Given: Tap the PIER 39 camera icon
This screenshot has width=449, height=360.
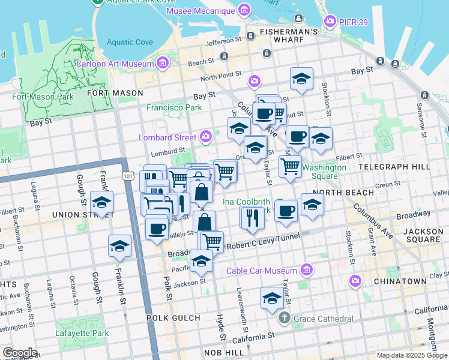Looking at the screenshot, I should (x=330, y=22).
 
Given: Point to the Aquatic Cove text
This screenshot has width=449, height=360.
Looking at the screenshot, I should (x=130, y=42).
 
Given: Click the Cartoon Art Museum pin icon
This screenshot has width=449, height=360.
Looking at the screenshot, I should (x=162, y=63).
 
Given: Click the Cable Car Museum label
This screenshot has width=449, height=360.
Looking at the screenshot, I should (x=262, y=270).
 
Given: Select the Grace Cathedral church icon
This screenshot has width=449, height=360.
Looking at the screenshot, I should (x=285, y=317).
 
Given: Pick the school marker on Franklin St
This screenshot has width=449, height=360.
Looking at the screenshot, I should (x=119, y=246).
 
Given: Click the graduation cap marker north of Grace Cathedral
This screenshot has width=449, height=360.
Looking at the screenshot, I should (x=271, y=298).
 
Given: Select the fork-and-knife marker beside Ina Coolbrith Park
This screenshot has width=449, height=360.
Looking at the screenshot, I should (x=252, y=217).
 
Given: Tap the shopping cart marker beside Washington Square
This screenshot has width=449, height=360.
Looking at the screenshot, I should (x=290, y=166).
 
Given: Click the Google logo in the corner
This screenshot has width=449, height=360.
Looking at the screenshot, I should (x=19, y=353).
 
